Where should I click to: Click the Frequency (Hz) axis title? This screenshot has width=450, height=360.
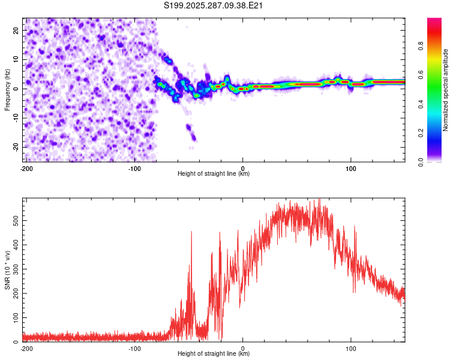7,89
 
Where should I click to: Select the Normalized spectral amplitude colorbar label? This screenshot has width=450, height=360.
445,89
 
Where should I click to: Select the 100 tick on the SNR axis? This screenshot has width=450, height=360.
16,317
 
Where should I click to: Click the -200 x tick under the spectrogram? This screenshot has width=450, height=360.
26,168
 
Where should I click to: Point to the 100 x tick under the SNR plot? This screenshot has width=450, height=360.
351,348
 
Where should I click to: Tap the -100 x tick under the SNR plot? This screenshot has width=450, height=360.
134,348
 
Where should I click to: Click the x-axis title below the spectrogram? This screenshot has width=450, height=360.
214,174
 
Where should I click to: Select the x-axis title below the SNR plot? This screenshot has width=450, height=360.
214,354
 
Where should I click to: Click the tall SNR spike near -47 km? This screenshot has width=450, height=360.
191,234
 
